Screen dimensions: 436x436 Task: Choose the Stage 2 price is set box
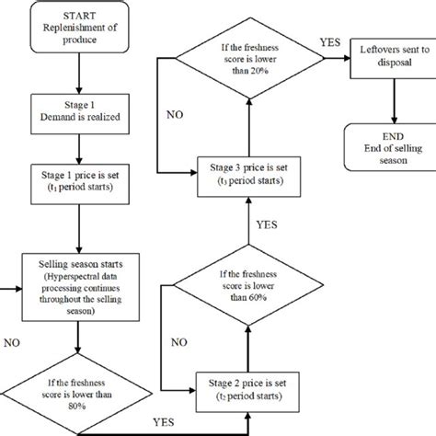coord(247,384)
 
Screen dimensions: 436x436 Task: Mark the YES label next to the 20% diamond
coord(330,42)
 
